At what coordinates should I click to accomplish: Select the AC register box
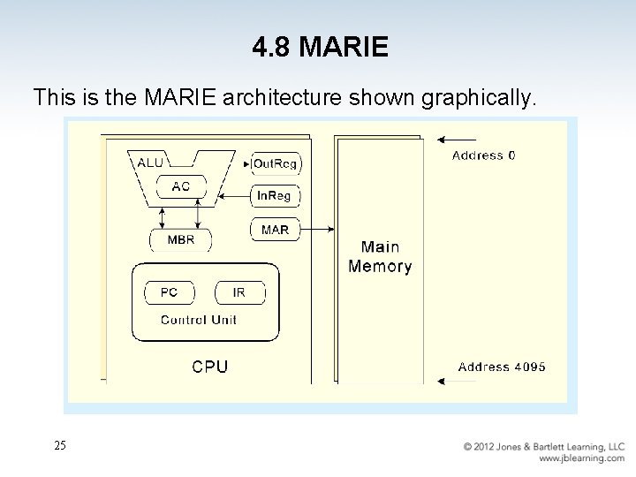[x=181, y=186]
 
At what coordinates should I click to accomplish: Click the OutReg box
[x=275, y=163]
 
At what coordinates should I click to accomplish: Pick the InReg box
[x=275, y=196]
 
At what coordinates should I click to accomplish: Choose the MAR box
[x=275, y=230]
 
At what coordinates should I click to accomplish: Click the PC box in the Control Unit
[x=169, y=292]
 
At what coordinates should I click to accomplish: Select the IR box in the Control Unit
[x=238, y=292]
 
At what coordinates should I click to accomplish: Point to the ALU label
[x=149, y=163]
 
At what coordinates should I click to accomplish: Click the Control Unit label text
[x=198, y=320]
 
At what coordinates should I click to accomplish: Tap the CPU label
[x=210, y=367]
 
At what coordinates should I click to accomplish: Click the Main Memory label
[x=380, y=256]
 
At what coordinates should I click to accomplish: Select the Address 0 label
[x=484, y=155]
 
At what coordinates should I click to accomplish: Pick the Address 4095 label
[x=502, y=367]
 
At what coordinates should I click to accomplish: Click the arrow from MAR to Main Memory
[x=319, y=230]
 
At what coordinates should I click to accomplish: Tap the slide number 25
[x=59, y=446]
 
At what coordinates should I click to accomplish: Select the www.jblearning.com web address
[x=582, y=459]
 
